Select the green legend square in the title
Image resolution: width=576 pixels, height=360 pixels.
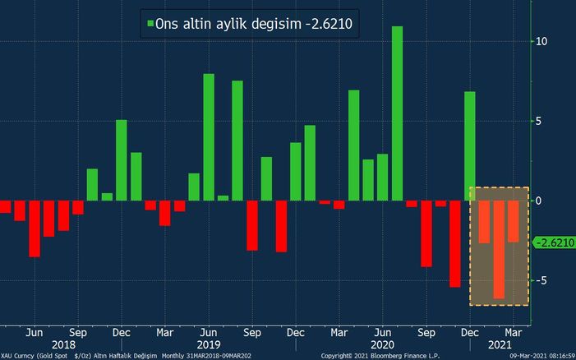click(x=150, y=25)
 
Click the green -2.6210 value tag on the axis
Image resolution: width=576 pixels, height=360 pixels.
click(x=552, y=242)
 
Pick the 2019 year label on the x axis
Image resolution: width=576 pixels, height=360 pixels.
click(x=210, y=345)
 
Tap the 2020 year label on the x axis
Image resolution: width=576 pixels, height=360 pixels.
click(x=383, y=345)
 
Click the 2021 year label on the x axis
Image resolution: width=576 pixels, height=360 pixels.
click(x=497, y=345)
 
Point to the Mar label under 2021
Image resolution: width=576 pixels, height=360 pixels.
click(x=512, y=333)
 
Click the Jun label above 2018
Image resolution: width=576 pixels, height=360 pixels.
click(x=35, y=333)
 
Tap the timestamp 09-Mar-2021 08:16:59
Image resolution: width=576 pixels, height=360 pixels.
click(x=539, y=356)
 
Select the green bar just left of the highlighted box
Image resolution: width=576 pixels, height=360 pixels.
click(x=469, y=145)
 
